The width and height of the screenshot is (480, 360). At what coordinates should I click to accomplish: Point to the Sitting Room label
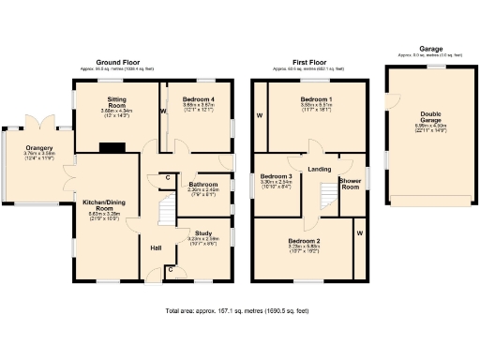click(x=116, y=103)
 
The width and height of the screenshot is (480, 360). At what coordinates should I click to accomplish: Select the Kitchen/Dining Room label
click(x=104, y=205)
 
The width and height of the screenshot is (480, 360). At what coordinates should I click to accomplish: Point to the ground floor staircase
click(x=166, y=209)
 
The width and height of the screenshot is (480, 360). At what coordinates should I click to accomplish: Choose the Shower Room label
click(x=350, y=183)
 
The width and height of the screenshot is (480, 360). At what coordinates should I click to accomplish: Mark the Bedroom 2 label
click(x=304, y=241)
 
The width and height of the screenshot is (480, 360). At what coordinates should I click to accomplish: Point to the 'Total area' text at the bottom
click(x=237, y=309)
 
